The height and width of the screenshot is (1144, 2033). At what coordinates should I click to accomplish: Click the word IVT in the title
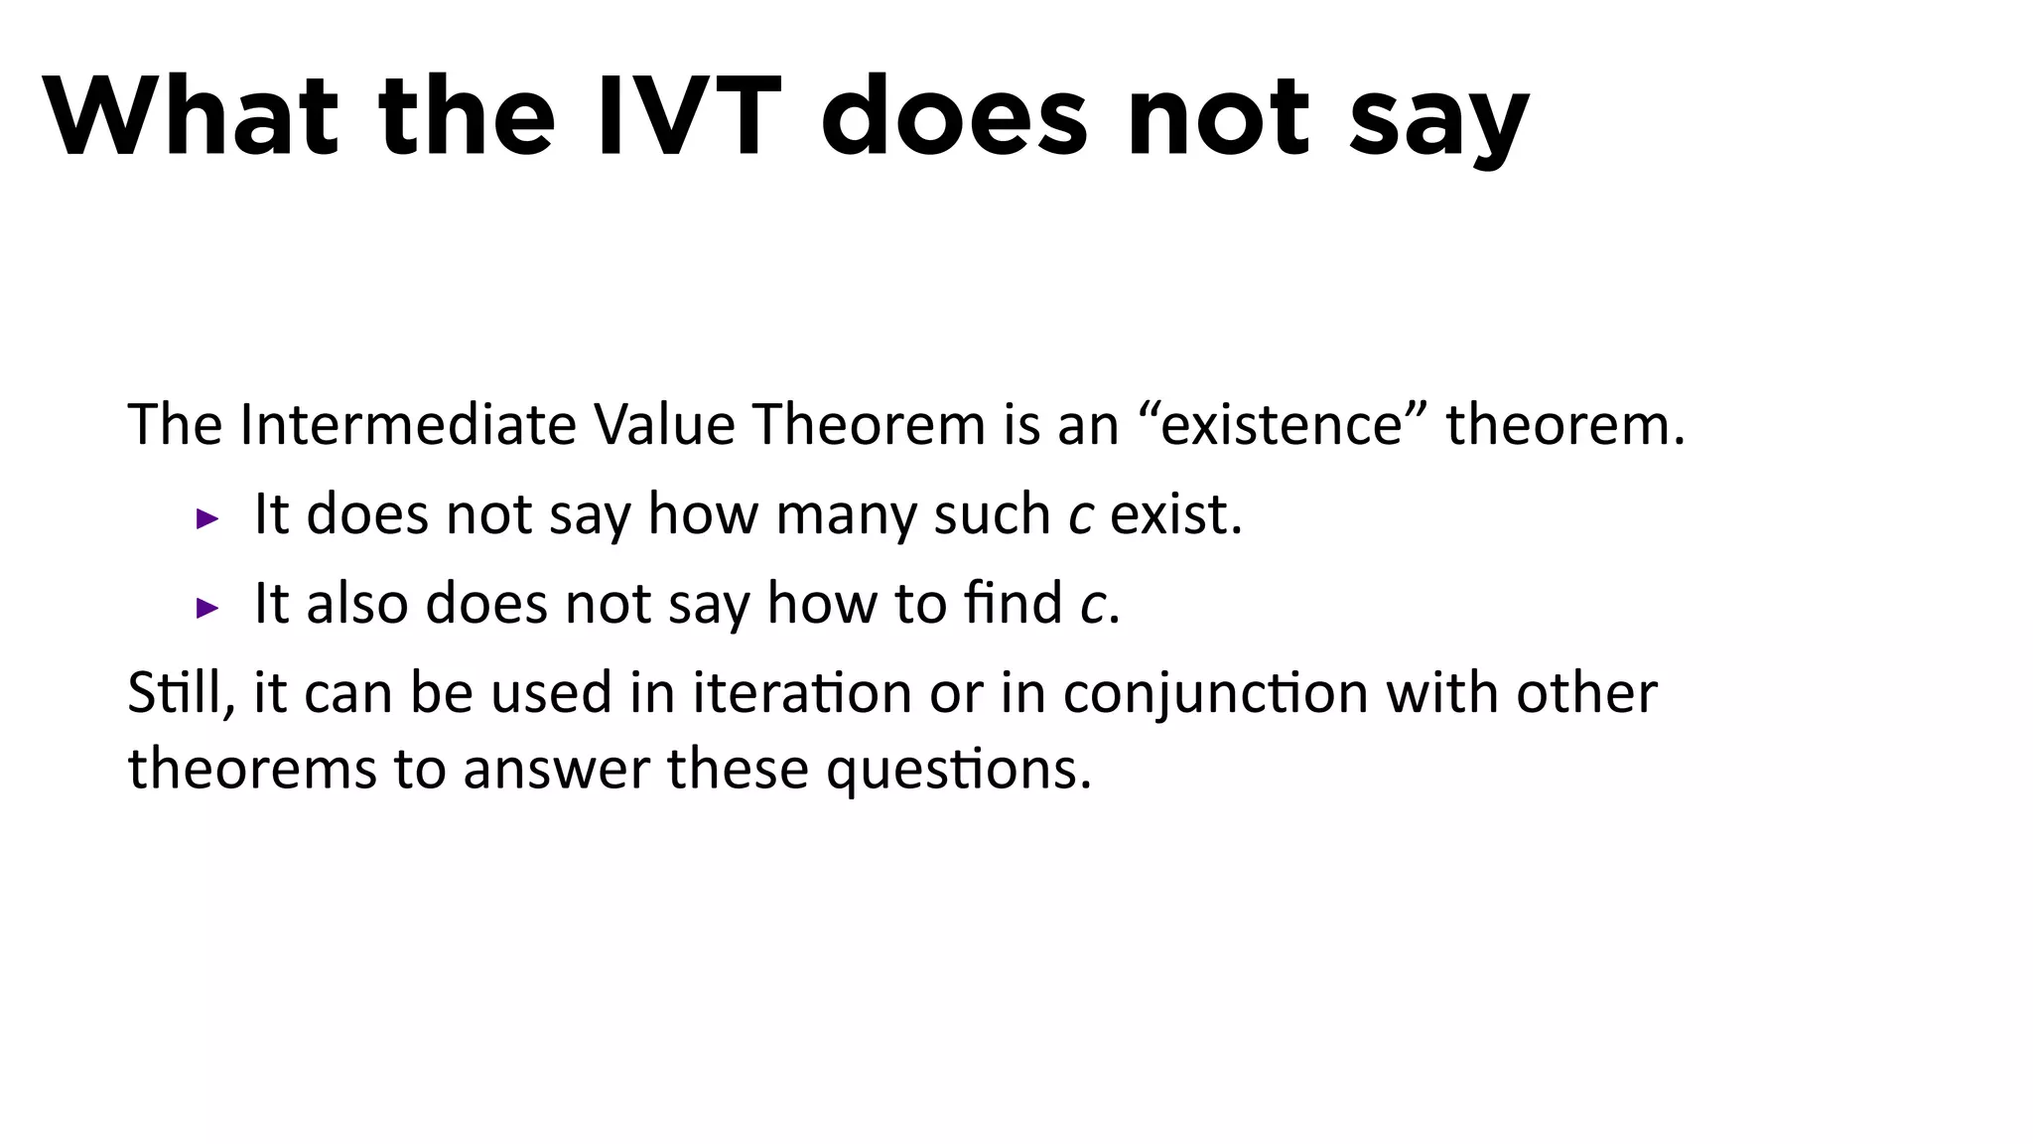(688, 116)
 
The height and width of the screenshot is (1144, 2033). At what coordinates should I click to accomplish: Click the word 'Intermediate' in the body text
(407, 425)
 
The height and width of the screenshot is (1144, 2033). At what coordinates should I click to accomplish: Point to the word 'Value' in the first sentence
(664, 425)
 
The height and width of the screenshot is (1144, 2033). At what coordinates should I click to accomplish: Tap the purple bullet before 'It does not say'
(207, 517)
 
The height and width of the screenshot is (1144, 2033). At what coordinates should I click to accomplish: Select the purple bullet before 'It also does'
(207, 607)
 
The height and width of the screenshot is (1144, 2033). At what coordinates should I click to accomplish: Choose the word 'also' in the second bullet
(357, 604)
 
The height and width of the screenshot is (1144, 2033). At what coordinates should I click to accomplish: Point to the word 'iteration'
(801, 693)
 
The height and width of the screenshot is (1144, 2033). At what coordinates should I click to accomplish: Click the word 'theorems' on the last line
(252, 770)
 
